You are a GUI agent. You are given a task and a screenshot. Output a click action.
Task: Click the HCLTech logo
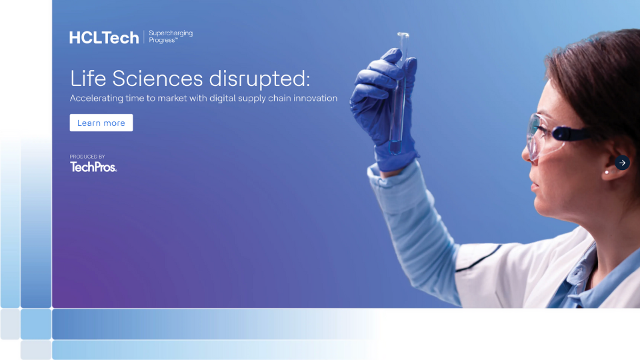click(x=104, y=38)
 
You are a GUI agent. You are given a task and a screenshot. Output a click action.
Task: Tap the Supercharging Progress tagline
click(x=171, y=37)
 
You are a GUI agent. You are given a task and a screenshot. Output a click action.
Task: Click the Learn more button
click(x=101, y=123)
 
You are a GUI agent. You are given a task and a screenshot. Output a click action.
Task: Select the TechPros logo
click(x=93, y=167)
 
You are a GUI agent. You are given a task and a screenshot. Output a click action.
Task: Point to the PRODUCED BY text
click(x=87, y=157)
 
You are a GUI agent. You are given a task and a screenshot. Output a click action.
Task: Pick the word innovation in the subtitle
click(x=313, y=99)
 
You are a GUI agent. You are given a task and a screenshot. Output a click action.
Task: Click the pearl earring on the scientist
click(x=606, y=172)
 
